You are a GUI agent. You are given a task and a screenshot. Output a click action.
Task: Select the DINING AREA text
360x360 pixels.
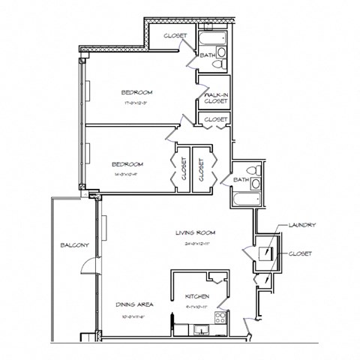134,304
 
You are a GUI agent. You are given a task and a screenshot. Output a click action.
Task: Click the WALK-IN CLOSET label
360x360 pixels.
215,97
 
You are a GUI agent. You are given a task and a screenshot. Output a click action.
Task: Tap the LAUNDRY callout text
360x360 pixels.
301,225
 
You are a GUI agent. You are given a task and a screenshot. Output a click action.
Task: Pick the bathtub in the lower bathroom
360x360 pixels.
246,201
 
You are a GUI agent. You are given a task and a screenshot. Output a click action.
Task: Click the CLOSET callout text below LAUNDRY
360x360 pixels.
299,253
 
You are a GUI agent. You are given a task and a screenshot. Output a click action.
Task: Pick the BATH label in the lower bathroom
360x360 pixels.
240,180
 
